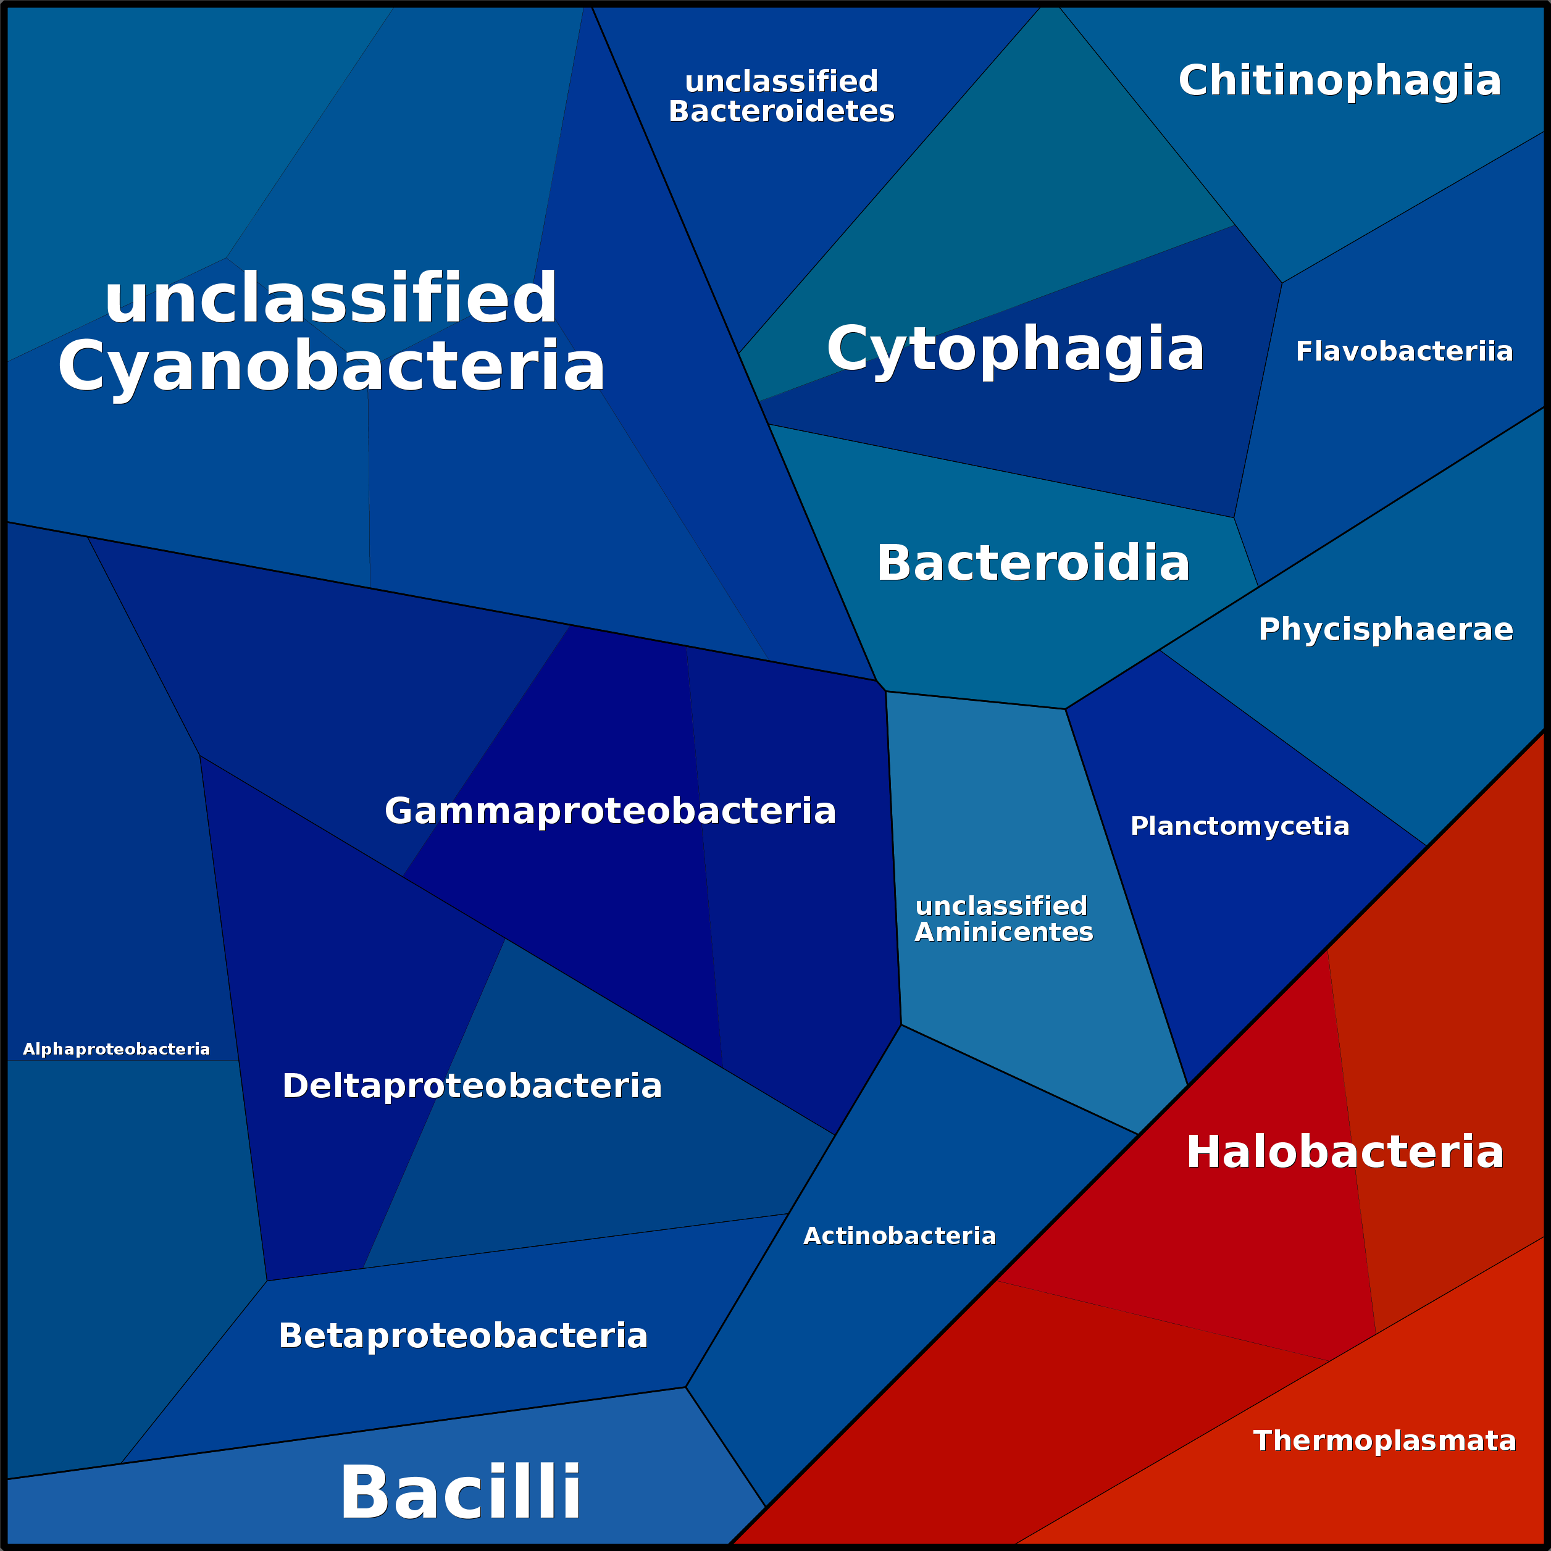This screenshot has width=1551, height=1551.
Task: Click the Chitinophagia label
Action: click(1339, 81)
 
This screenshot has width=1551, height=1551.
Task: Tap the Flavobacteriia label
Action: click(1404, 351)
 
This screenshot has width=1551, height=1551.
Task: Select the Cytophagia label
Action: click(1016, 349)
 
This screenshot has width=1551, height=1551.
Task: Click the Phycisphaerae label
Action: click(1386, 629)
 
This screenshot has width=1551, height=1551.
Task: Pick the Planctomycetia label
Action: click(1240, 826)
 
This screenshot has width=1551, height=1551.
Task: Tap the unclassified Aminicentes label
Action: click(1003, 919)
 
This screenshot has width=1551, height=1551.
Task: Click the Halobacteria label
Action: click(1345, 1152)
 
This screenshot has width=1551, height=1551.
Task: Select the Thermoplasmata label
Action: click(1385, 1441)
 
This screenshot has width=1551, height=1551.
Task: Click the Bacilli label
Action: click(460, 1492)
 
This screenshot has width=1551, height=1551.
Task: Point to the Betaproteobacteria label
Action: click(462, 1336)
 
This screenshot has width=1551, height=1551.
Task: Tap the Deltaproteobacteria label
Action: click(472, 1086)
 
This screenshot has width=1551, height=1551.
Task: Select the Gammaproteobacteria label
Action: click(610, 811)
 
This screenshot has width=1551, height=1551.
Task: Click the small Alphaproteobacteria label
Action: click(117, 1049)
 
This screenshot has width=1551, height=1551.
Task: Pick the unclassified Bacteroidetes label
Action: click(781, 96)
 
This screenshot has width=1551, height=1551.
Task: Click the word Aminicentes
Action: click(1003, 932)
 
